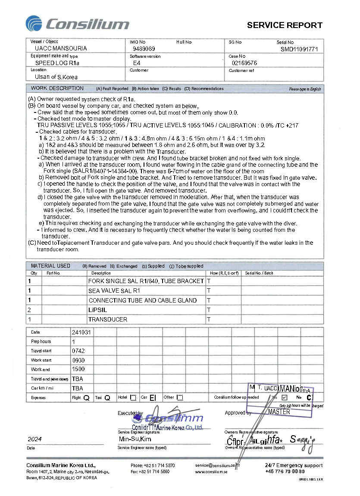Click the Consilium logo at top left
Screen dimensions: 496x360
(78, 24)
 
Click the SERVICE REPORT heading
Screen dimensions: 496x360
(285, 25)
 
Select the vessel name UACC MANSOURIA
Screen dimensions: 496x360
(61, 49)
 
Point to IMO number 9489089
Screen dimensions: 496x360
(144, 49)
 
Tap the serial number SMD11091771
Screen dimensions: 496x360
(299, 49)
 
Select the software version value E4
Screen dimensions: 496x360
(137, 63)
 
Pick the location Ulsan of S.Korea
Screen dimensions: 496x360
(56, 77)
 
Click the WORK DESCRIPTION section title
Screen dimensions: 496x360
(57, 88)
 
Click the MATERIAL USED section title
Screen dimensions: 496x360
(50, 266)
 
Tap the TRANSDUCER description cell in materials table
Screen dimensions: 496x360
(108, 319)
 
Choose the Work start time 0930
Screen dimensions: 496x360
(78, 360)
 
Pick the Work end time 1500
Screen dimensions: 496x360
(78, 369)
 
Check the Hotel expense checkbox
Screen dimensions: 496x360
(133, 398)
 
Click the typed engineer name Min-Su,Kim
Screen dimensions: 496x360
(135, 439)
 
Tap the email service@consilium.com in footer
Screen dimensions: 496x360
(216, 465)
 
